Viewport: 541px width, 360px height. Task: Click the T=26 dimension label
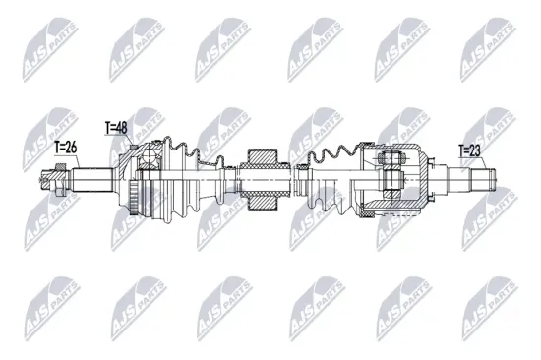(66, 148)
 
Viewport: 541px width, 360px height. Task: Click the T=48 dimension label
(117, 127)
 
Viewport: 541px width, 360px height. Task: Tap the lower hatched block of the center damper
(265, 203)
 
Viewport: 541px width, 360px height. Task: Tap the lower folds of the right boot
(330, 203)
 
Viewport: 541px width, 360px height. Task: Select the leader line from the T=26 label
(59, 162)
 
